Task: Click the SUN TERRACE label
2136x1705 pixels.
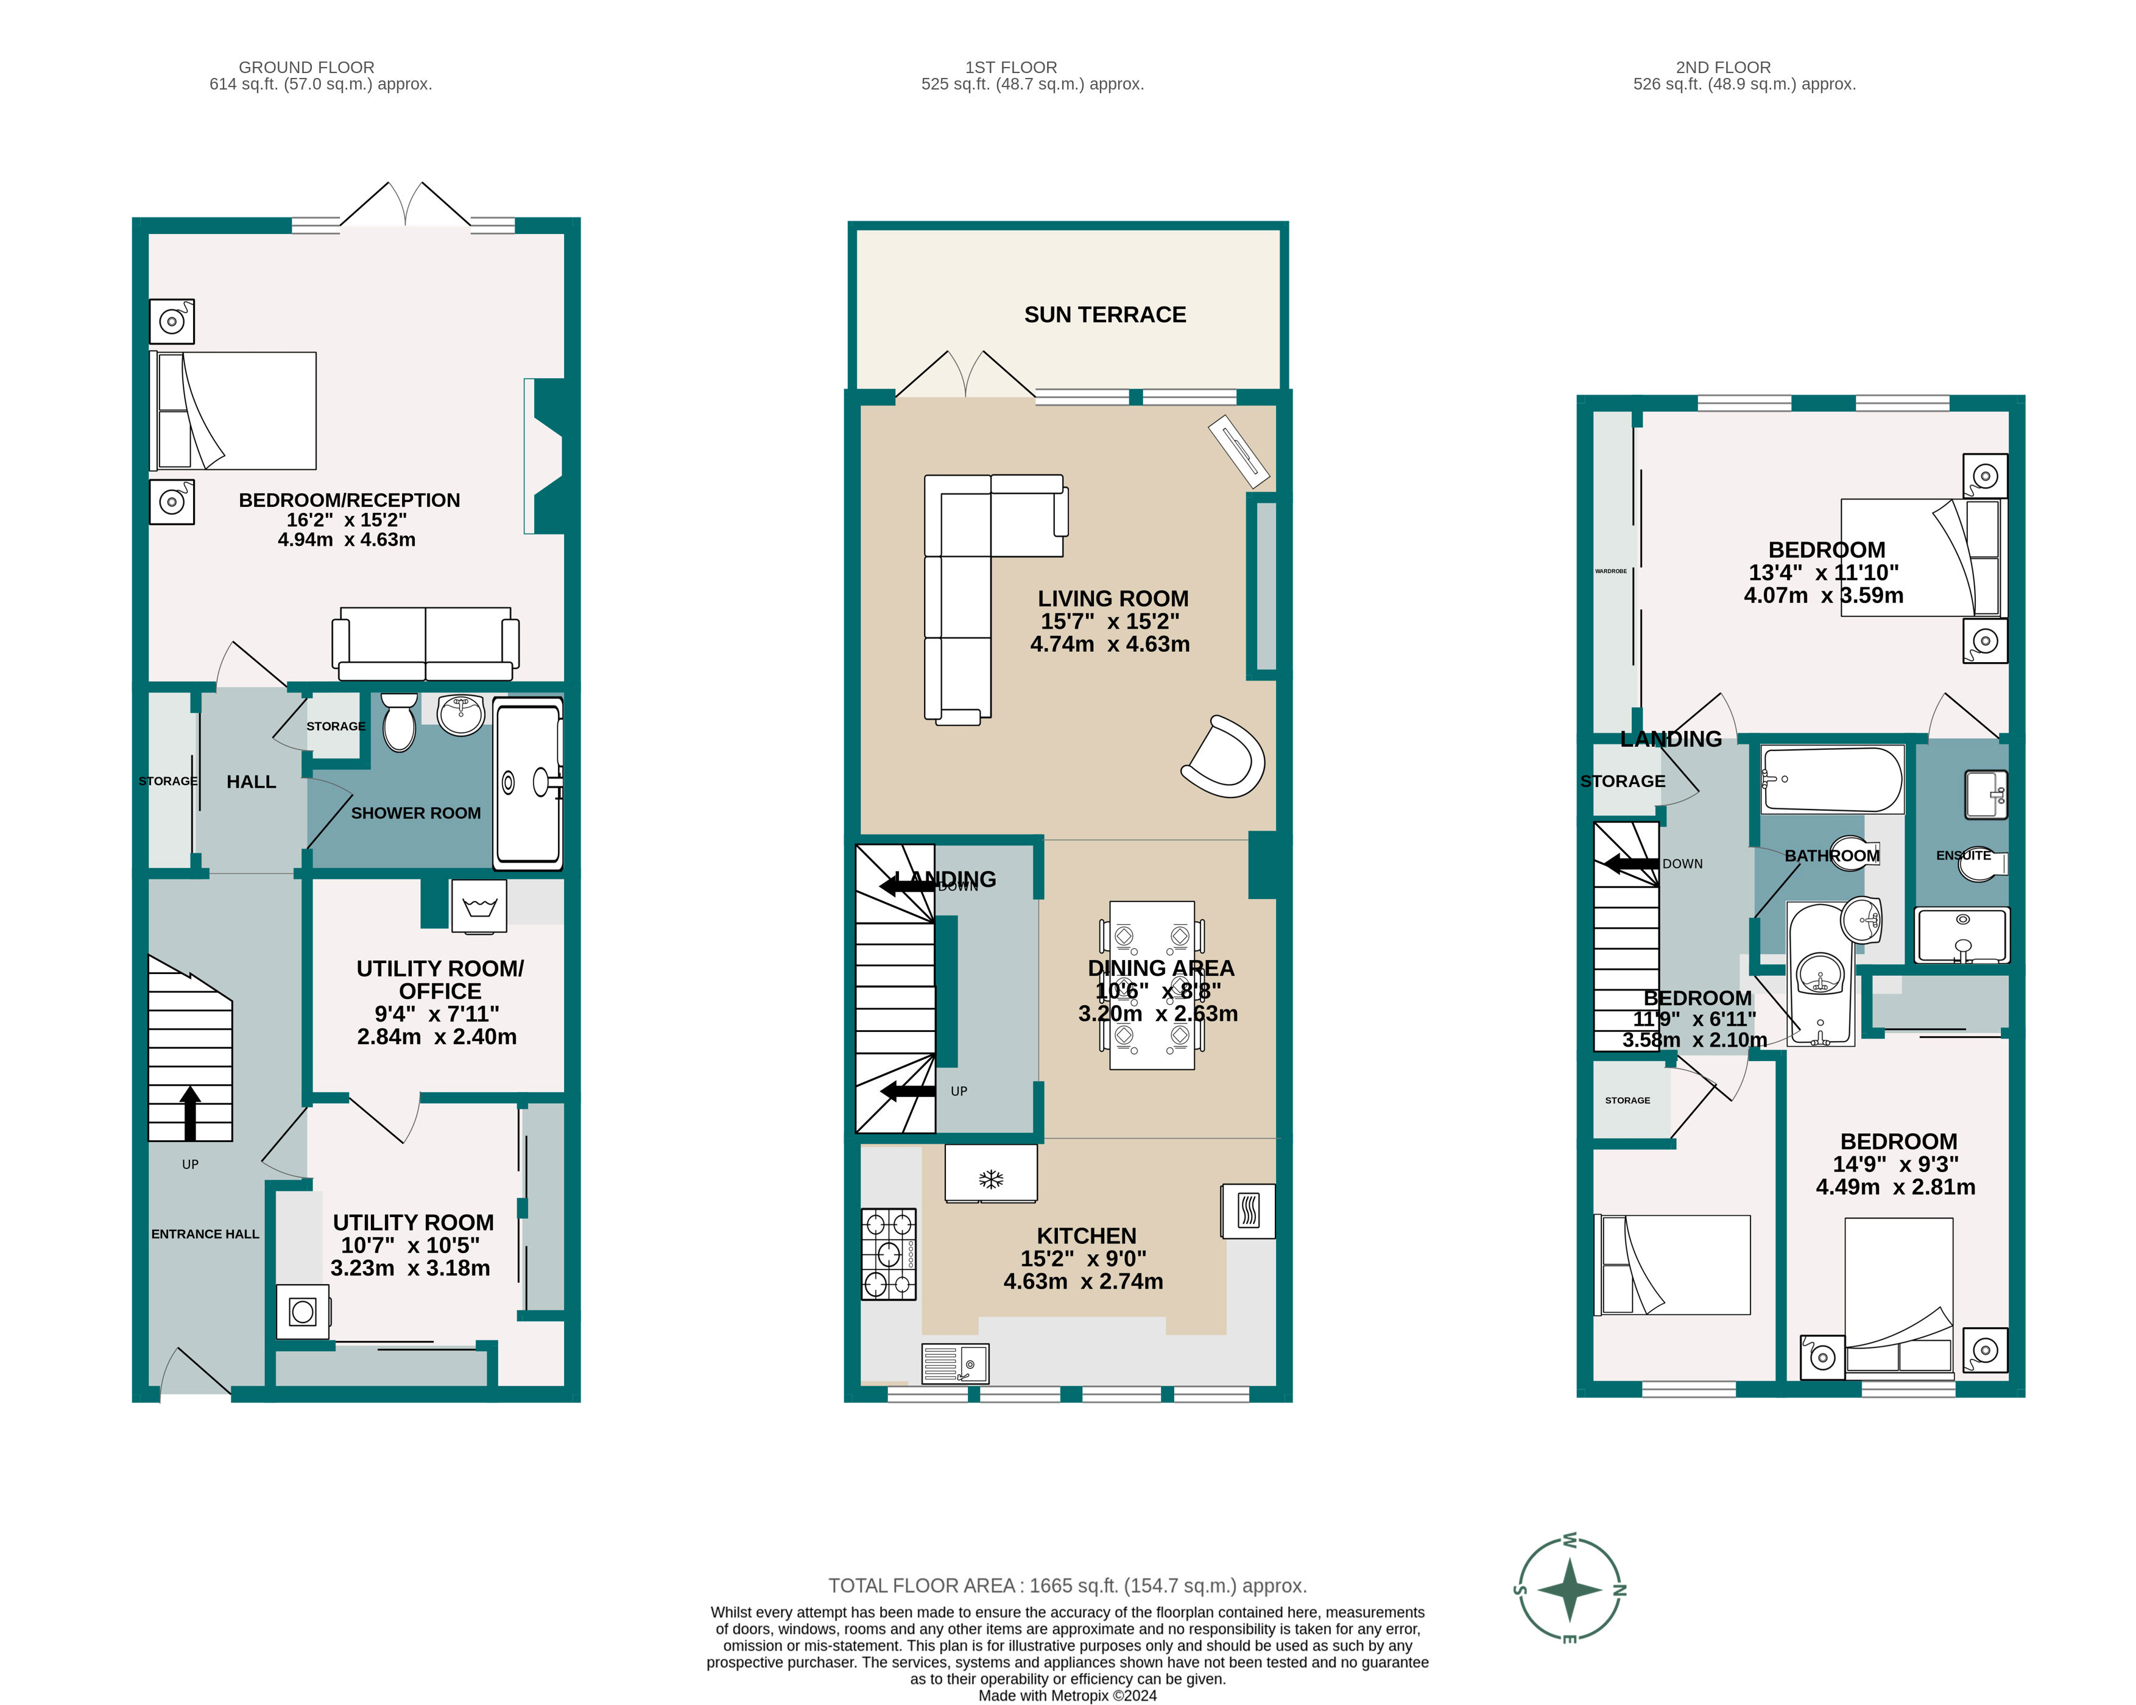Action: coord(1105,315)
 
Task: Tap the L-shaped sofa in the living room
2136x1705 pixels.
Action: coord(959,574)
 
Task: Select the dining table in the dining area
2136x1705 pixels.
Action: coord(1151,986)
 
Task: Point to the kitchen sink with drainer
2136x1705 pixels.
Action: coord(955,1363)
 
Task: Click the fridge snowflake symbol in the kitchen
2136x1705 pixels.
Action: coord(991,1179)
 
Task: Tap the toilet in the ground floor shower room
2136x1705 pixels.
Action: coord(400,723)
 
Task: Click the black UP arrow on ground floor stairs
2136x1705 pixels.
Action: coord(190,1112)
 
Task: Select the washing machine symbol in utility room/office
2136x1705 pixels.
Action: coord(479,906)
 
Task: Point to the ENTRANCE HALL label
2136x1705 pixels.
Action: coord(205,1234)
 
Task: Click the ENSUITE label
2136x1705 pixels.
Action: coord(1962,855)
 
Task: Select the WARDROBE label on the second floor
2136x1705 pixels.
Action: coord(1611,571)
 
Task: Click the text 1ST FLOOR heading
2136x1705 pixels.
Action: coord(1010,68)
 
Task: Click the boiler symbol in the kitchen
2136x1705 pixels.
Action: coord(1249,1210)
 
